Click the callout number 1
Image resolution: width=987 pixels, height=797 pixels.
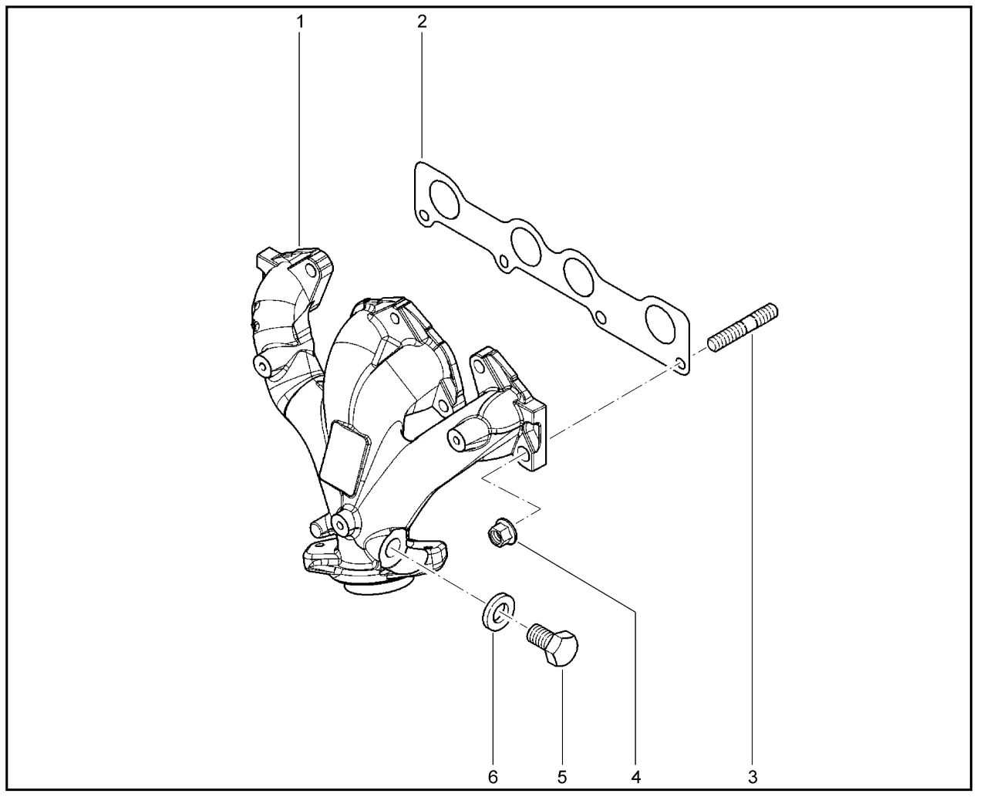coord(300,22)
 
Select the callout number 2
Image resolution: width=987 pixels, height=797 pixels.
coord(422,22)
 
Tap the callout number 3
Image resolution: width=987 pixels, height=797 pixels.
coord(753,777)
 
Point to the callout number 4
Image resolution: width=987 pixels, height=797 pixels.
coord(636,777)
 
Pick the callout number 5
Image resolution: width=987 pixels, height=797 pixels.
coord(562,777)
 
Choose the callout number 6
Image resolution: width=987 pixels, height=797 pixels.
coord(493,777)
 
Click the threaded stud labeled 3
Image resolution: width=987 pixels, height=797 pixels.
coord(743,327)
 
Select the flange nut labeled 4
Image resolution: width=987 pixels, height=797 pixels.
coord(502,532)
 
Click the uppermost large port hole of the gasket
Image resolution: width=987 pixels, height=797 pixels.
coord(444,200)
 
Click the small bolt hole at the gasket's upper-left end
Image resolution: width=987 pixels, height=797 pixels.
coord(423,215)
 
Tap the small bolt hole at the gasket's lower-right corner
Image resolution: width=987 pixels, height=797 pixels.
coord(680,363)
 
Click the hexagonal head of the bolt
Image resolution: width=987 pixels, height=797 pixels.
coord(562,649)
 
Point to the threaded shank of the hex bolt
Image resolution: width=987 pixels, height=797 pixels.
coord(538,633)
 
